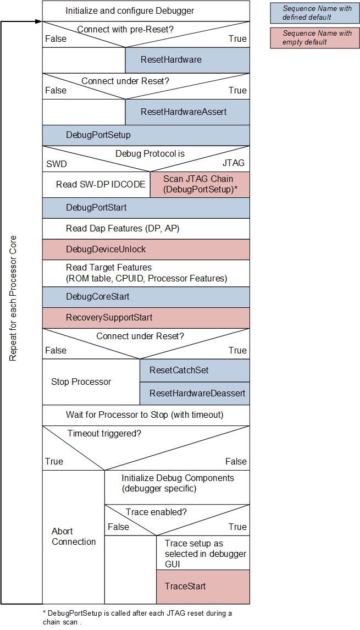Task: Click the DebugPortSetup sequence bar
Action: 146,135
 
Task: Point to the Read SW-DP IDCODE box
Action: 101,185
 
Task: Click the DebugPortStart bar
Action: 146,208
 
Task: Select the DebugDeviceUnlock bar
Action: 146,250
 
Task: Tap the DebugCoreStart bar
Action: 146,297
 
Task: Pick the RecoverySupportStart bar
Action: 146,318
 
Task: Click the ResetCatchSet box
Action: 195,371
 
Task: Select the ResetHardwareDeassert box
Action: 195,394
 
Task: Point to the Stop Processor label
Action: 81,382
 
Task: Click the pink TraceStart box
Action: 203,587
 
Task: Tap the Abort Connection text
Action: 74,537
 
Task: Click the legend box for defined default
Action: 314,13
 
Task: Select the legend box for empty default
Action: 314,37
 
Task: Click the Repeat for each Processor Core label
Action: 13,299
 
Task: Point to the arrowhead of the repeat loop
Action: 38,21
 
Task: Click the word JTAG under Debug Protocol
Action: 233,163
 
